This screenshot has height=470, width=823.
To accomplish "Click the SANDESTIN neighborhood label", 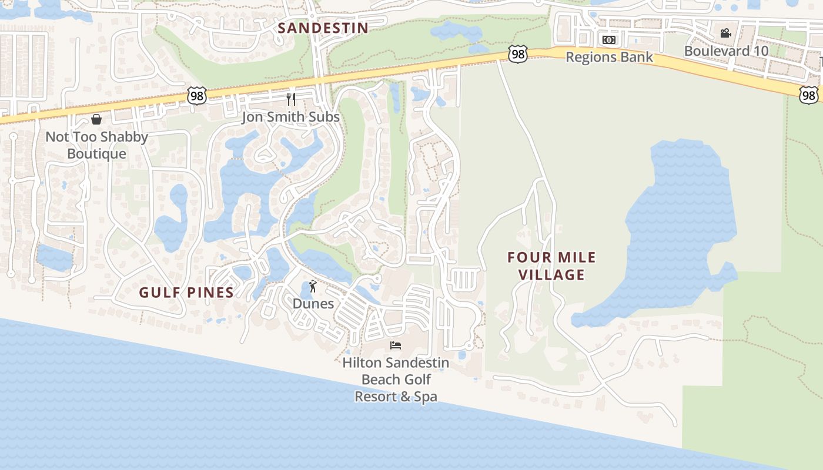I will click(323, 28).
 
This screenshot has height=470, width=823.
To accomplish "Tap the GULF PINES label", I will click(186, 292).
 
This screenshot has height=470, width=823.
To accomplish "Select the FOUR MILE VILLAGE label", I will click(552, 266).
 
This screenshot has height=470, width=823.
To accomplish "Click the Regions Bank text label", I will click(609, 57).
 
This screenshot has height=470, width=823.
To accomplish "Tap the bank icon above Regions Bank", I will click(609, 40).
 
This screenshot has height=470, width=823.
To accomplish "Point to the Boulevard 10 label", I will click(726, 51).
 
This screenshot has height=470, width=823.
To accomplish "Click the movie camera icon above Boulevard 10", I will click(726, 33).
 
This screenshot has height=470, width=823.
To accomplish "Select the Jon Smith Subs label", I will click(290, 117).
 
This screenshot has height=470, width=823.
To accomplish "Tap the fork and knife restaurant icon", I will click(290, 99).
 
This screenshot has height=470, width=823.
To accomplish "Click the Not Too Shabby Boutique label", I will click(96, 145).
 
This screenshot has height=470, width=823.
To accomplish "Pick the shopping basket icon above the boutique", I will click(96, 120).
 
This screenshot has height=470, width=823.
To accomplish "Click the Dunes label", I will click(313, 304).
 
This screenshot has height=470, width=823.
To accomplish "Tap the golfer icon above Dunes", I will click(313, 287).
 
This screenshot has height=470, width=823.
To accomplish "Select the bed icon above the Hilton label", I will click(396, 345).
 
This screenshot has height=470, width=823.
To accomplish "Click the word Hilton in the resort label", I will click(363, 363).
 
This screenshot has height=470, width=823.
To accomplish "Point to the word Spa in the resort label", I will click(426, 397).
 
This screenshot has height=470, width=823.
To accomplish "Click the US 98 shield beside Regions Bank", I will click(518, 54).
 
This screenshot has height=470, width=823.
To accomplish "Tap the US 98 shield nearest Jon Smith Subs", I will click(198, 96).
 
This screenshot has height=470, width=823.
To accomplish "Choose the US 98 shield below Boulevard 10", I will click(808, 95).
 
